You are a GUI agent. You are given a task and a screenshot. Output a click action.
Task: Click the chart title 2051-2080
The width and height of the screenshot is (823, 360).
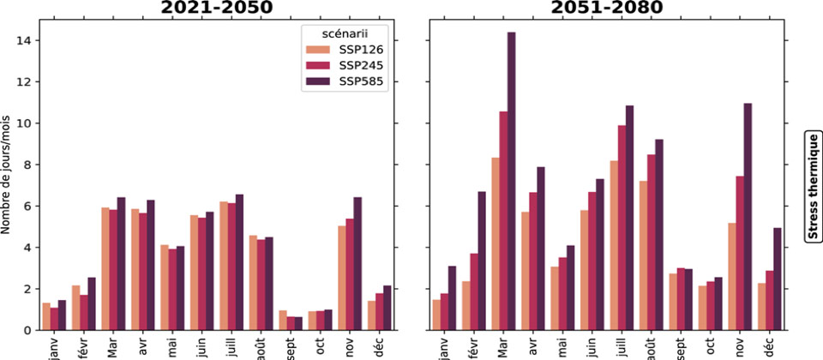606,8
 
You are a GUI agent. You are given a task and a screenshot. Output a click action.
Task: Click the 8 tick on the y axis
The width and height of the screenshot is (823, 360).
28,165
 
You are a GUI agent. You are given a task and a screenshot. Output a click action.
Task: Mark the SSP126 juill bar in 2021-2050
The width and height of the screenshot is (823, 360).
224,266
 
